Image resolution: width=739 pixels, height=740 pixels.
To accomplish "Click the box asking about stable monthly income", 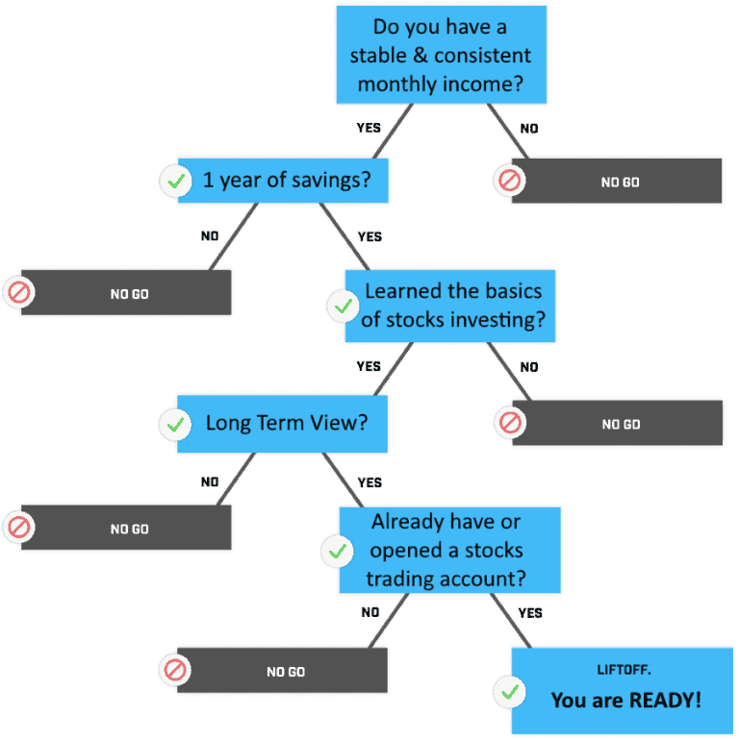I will point(441,55).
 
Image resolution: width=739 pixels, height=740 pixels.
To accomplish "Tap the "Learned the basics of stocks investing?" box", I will point(450,306).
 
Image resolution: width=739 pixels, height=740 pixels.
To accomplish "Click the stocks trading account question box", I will point(448,551).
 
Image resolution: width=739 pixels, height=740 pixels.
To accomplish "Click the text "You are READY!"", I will point(625,700).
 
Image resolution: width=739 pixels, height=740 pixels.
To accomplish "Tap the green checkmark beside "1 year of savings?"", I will point(174,181).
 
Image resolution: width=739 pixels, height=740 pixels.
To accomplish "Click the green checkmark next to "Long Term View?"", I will point(174,424).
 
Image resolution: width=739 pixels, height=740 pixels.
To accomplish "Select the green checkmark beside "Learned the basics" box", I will point(342,308).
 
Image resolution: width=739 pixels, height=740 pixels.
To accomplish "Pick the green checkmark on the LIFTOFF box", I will point(509,691).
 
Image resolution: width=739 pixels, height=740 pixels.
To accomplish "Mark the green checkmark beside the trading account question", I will point(337,552).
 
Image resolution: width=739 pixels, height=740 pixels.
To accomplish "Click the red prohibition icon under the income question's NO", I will point(509,181).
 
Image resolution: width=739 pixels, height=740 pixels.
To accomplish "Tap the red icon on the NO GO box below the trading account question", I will point(174,670).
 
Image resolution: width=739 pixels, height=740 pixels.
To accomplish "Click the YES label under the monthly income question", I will point(369,128).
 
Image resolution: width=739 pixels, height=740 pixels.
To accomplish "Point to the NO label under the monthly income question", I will point(528,128).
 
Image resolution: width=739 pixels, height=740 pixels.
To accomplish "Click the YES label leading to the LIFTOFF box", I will point(529,613).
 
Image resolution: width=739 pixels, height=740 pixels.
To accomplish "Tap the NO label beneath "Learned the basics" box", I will point(528,367).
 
